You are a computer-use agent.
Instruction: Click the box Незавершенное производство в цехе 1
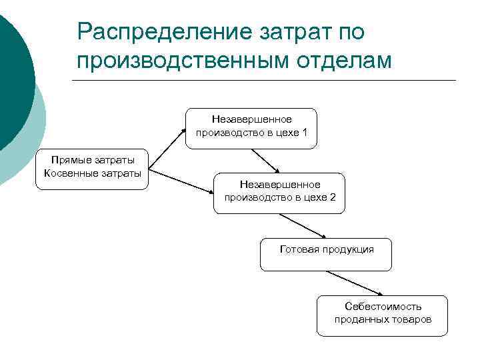pyautogui.click(x=252, y=127)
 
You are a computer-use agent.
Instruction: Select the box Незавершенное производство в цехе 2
pyautogui.click(x=279, y=193)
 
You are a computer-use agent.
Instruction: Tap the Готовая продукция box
pyautogui.click(x=326, y=255)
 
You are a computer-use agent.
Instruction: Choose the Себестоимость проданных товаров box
pyautogui.click(x=383, y=315)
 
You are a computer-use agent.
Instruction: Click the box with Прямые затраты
pyautogui.click(x=92, y=169)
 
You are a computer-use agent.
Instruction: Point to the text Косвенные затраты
pyautogui.click(x=92, y=174)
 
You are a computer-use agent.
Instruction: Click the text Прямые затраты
pyautogui.click(x=92, y=161)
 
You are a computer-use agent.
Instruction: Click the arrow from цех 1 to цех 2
pyautogui.click(x=266, y=160)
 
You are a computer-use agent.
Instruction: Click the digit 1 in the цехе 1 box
pyautogui.click(x=305, y=132)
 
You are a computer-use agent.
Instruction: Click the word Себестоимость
pyautogui.click(x=383, y=307)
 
